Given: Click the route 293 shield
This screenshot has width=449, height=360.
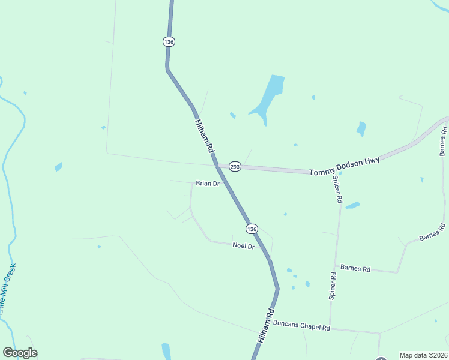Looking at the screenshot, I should point(235,167).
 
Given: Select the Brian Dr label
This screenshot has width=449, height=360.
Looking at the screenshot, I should point(208,184).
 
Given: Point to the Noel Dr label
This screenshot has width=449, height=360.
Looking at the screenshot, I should point(244,247).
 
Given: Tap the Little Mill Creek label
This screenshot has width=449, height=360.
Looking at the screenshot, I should point(8,289).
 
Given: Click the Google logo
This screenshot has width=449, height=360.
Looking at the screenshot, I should point(20,353).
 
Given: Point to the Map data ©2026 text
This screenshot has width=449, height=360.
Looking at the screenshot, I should point(423,355).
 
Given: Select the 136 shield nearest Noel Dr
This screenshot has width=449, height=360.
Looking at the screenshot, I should point(252,229).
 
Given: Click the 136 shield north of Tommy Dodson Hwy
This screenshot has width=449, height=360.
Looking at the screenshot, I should point(168,41).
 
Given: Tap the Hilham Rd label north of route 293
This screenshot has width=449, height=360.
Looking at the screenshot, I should point(205,134).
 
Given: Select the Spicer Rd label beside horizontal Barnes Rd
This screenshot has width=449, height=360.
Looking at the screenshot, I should point(333,286).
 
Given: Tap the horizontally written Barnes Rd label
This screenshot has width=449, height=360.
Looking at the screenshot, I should point(355,268).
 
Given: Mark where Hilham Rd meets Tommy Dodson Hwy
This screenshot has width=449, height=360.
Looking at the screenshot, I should point(216,164).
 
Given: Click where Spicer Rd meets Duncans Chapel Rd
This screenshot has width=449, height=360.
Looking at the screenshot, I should point(330,329).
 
